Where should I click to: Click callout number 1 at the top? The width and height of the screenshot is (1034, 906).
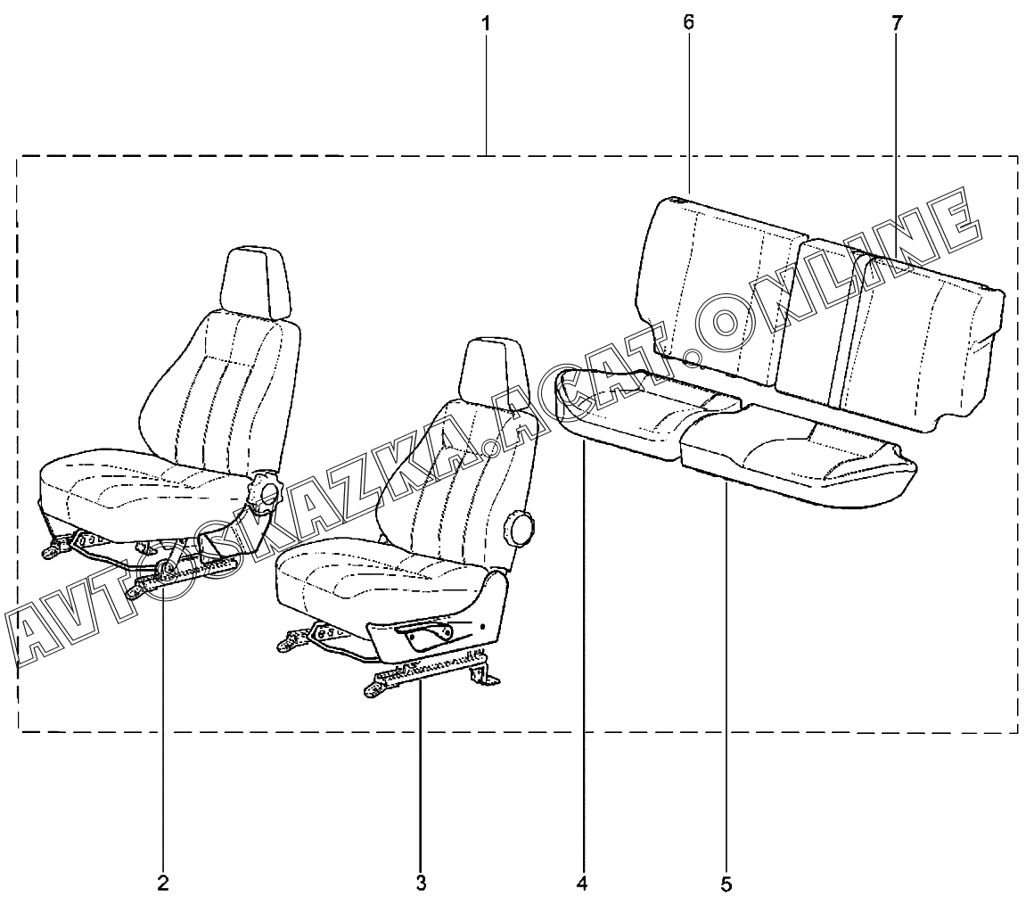pyautogui.click(x=486, y=24)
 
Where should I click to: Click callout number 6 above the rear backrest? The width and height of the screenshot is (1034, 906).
pyautogui.click(x=688, y=23)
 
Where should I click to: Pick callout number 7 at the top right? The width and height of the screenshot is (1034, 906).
pyautogui.click(x=896, y=24)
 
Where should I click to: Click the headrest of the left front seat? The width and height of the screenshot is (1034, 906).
pyautogui.click(x=258, y=279)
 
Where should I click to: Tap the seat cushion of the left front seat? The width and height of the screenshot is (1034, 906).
pyautogui.click(x=143, y=486)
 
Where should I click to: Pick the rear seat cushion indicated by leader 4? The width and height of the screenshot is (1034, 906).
pyautogui.click(x=642, y=415)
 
